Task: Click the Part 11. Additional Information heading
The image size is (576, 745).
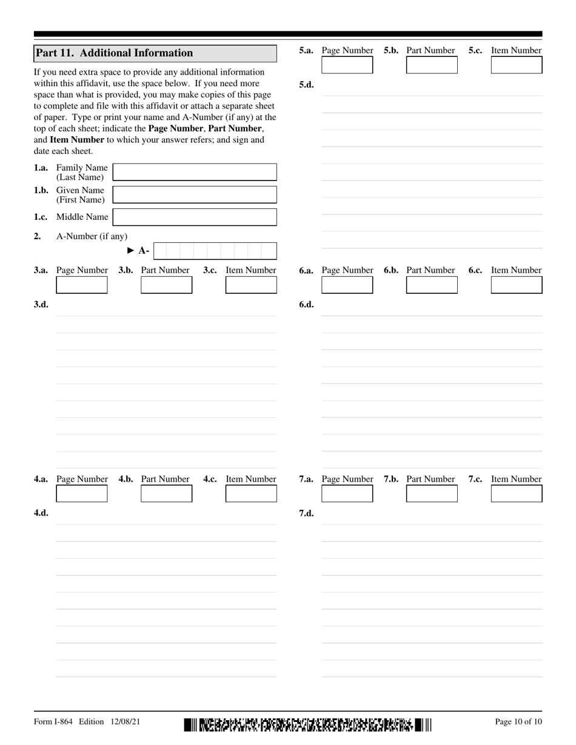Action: coord(115,53)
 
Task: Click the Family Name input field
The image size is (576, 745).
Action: coord(195,172)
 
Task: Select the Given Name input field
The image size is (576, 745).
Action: coord(195,194)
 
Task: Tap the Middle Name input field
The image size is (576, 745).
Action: coord(195,217)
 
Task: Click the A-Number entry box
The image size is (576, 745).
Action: coord(215,251)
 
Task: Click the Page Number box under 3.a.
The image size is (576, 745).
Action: coord(82,285)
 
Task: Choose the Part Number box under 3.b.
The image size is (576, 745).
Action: coord(166,285)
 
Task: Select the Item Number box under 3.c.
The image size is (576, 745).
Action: coord(251,285)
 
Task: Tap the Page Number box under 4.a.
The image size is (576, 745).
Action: coord(82,494)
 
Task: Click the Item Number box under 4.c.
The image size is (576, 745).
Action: coord(251,494)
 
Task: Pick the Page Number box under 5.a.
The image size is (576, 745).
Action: coord(347,65)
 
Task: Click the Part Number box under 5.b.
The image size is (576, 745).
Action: coord(432,65)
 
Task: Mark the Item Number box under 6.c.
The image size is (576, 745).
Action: coord(517,285)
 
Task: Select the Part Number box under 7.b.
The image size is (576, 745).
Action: coord(432,494)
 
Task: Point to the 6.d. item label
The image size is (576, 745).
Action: coord(306,305)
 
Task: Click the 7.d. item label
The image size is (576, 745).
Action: coord(306,513)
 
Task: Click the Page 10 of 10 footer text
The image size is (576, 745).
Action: coord(518,721)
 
